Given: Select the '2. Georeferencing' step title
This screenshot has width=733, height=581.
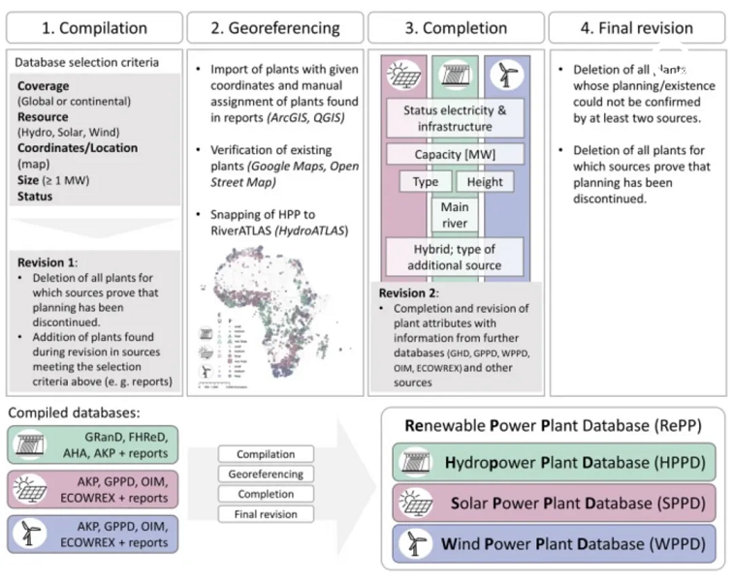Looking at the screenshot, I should pos(274,27).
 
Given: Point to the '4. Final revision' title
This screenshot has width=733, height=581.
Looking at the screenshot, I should pos(637,27).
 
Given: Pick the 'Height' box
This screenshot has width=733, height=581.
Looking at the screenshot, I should pos(485,182).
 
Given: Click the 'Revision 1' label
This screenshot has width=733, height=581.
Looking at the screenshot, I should pos(48,261).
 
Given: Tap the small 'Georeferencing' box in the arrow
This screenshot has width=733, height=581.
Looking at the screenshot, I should pos(265,474).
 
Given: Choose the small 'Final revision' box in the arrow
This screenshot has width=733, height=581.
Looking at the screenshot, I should pos(265,514).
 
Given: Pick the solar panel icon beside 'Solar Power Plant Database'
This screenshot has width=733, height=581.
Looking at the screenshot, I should pos(413,504).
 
